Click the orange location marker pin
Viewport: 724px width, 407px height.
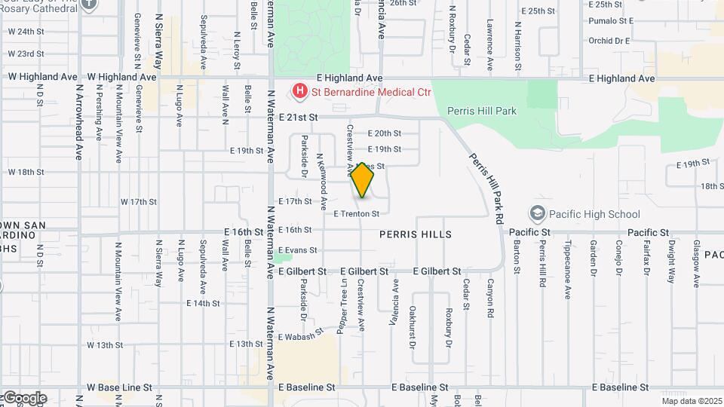point(363,180)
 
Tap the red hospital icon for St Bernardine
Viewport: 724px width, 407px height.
point(300,92)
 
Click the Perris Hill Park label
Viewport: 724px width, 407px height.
point(482,111)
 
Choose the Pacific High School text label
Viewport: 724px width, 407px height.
point(594,214)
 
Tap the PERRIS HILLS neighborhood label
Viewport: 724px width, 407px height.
point(416,234)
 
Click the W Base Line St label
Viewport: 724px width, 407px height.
point(119,387)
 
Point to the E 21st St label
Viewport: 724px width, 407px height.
point(299,118)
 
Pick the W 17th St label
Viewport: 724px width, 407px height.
point(139,202)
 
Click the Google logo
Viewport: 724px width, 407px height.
point(24,397)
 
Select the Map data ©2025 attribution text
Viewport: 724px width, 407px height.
point(692,401)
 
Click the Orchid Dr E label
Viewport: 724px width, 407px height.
point(609,41)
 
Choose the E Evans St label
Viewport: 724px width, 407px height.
point(298,250)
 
